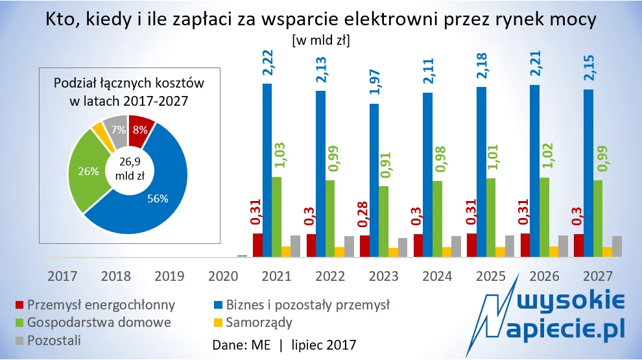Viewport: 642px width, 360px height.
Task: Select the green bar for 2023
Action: [384, 221]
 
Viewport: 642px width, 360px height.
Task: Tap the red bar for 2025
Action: [472, 245]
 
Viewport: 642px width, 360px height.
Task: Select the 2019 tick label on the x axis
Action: [171, 276]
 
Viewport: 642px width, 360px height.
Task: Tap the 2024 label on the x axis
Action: [438, 276]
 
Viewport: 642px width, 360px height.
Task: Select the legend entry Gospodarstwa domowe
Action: [95, 322]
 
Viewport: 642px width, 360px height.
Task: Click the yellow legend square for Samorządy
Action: [219, 322]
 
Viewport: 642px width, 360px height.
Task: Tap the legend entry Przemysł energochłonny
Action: [96, 304]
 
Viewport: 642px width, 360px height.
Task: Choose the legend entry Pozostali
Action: [51, 339]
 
